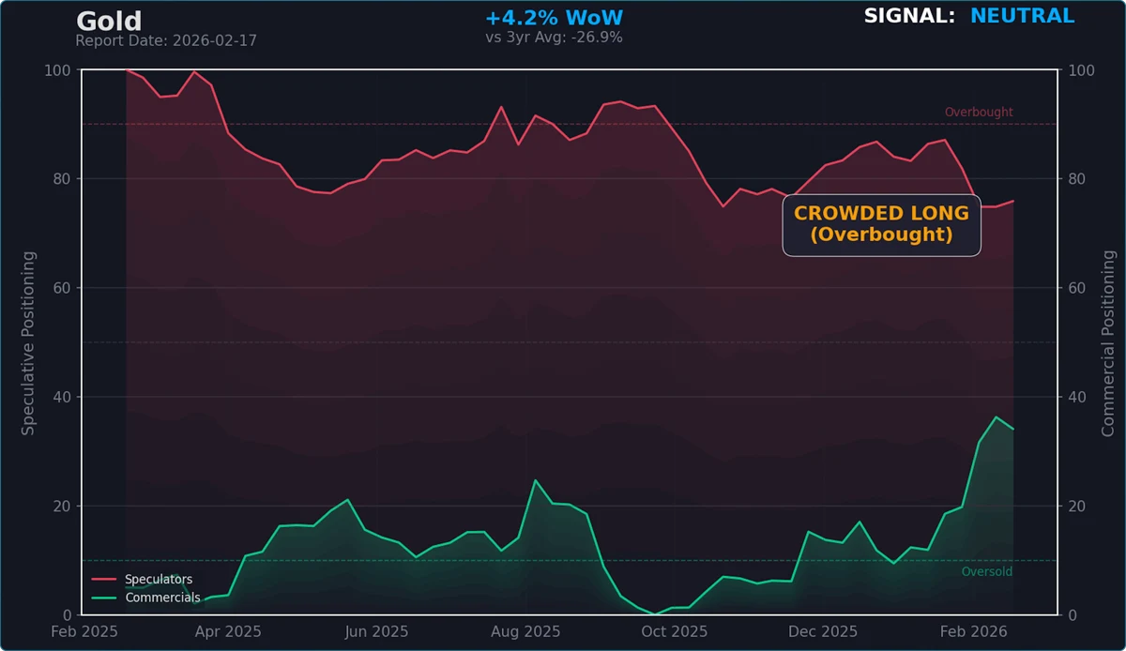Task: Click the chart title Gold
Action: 109,21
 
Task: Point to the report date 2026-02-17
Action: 166,41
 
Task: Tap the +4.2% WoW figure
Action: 554,18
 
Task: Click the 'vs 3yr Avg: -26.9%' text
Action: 554,38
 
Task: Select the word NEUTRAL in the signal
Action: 1022,16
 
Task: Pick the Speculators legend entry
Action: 159,580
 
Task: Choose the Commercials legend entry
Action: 162,598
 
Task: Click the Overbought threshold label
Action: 979,113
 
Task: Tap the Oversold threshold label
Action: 987,572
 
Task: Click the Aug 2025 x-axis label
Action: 526,632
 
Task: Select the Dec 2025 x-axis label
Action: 823,632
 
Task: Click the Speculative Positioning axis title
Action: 29,342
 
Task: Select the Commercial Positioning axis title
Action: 1108,342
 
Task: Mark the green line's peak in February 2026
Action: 997,416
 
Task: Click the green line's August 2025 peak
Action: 535,480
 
